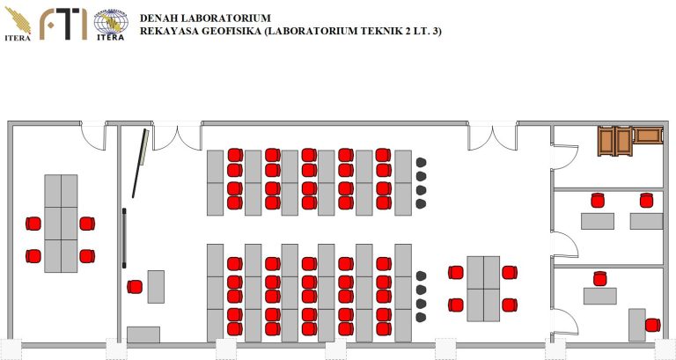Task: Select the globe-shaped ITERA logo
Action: click(109, 25)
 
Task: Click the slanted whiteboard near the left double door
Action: click(138, 164)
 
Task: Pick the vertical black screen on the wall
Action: click(125, 238)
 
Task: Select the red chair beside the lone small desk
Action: click(135, 286)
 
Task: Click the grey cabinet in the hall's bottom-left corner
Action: click(143, 334)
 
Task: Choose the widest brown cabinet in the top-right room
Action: click(648, 136)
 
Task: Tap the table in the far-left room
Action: click(62, 224)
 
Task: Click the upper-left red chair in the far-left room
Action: click(33, 224)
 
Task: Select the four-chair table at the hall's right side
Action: click(483, 288)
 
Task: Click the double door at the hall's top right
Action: click(492, 137)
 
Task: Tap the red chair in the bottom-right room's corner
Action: click(652, 325)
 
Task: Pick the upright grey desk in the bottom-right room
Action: click(636, 325)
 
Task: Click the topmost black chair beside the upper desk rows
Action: click(421, 162)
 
